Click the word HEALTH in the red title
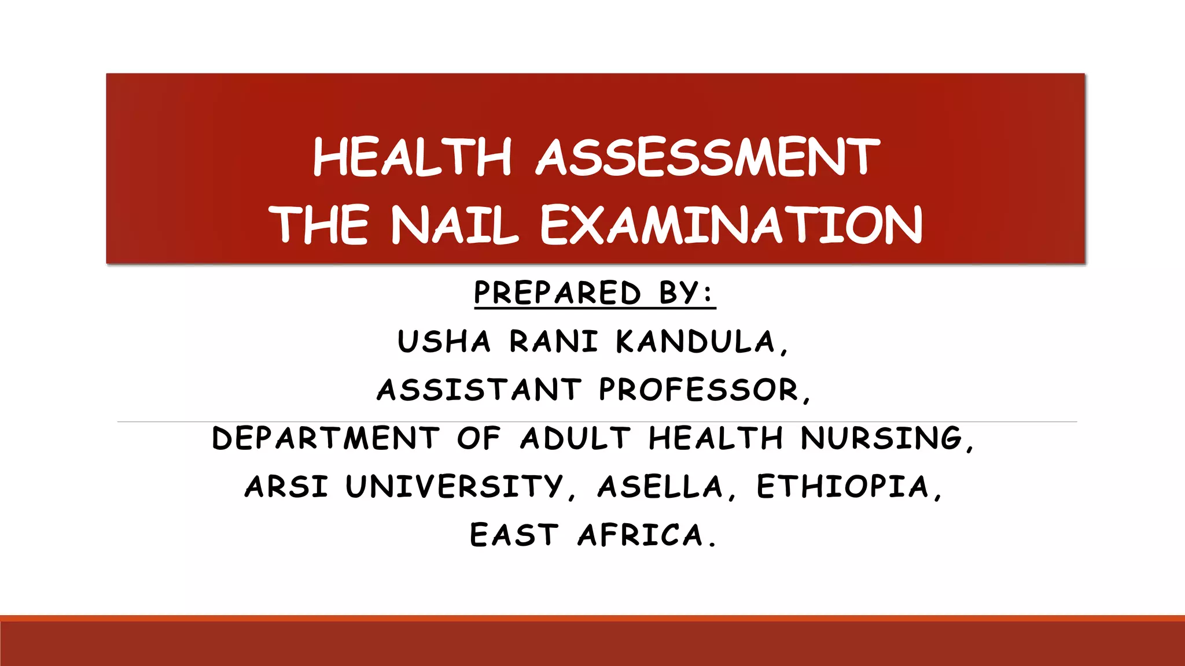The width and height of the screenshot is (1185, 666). point(413,157)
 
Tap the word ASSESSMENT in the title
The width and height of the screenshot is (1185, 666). point(708,157)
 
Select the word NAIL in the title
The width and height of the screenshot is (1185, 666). point(454,224)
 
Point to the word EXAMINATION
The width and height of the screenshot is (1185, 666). point(731,224)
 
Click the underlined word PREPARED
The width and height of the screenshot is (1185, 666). point(557,293)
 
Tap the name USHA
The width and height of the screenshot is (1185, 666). point(444,341)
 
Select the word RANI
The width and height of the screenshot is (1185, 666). point(553,341)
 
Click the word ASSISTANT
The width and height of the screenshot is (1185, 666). point(479,389)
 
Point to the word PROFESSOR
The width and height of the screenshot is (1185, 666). point(699,389)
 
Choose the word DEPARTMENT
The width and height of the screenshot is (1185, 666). point(326,438)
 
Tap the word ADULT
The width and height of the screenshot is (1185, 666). point(575,438)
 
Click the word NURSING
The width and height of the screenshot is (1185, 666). point(882,438)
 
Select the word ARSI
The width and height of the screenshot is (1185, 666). point(286,486)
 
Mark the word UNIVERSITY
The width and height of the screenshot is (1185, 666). point(454,486)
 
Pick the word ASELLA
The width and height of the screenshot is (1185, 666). point(660,486)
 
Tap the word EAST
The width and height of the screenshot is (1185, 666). point(514,535)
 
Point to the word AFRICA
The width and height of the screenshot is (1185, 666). point(641,535)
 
